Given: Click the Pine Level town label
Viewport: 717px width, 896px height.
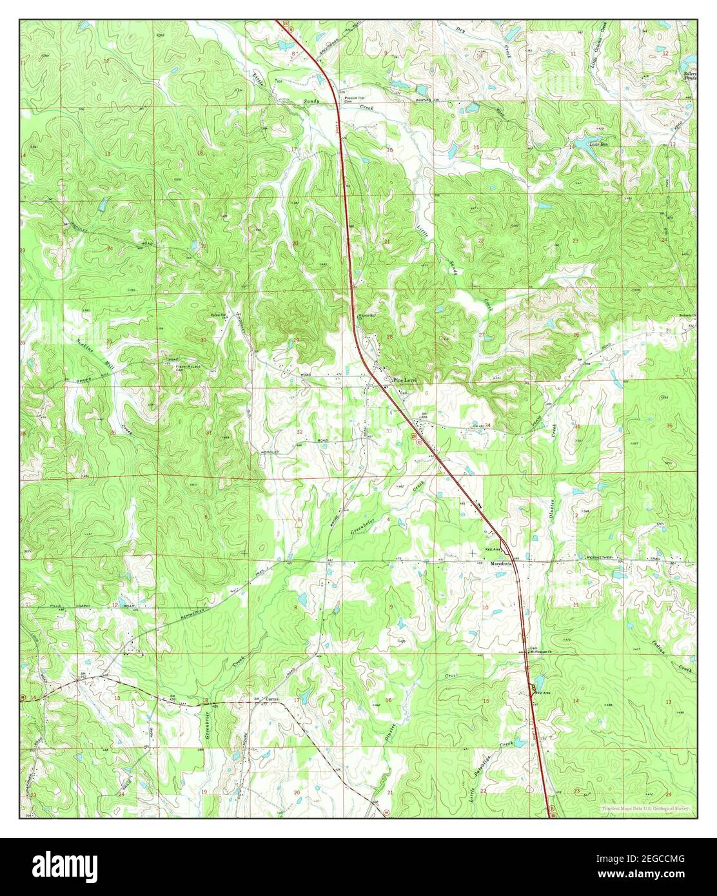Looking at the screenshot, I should pos(402,381).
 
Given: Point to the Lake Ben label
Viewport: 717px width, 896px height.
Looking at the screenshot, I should pos(600,145).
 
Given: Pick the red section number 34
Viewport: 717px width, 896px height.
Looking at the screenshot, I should pos(487,425).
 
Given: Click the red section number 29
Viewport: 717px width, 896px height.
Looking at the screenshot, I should pos(297,340).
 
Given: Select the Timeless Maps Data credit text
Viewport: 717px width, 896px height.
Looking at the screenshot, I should pos(645,808).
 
